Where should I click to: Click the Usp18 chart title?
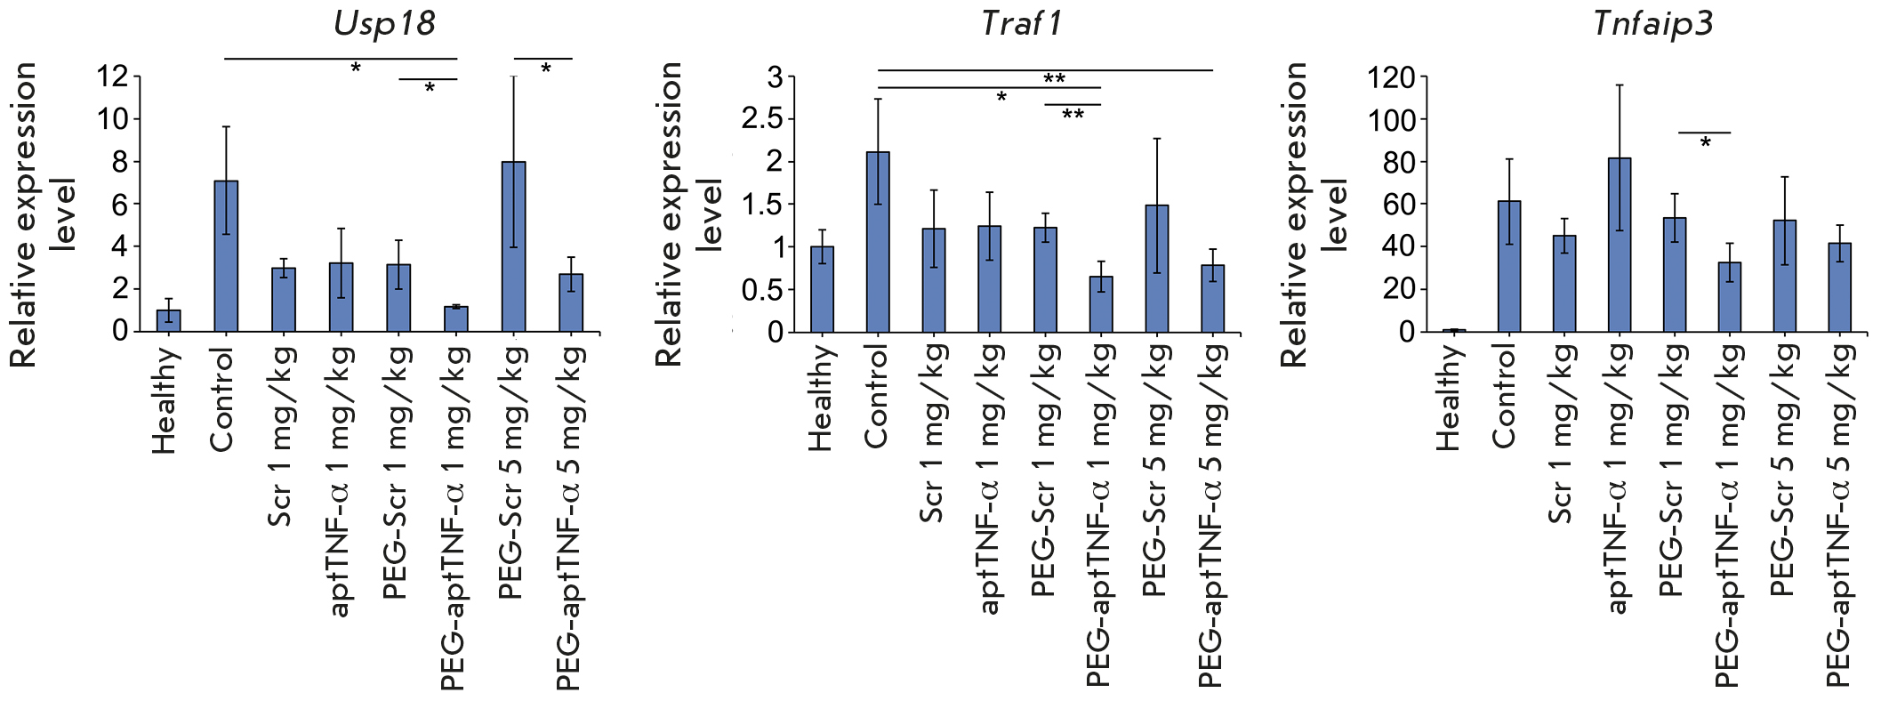coord(384,23)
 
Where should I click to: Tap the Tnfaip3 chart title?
coord(1653,23)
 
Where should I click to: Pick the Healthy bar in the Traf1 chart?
coord(822,289)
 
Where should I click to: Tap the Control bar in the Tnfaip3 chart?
coord(1508,267)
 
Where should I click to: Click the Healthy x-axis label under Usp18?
coord(165,400)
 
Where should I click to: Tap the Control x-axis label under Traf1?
coord(876,397)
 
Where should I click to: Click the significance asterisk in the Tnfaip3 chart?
coord(1705,143)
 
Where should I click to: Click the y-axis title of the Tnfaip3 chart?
coord(1314,213)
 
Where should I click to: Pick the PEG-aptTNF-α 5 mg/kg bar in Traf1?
coord(1212,299)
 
